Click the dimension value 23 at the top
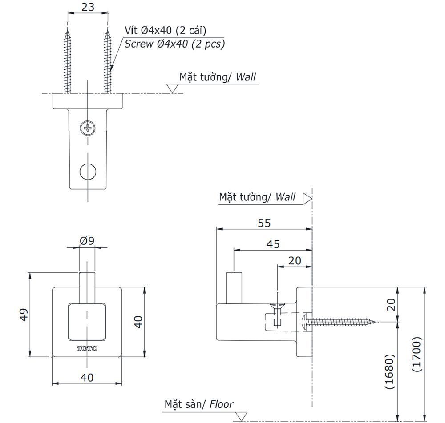click(x=87, y=7)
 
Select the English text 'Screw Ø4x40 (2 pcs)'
click(x=174, y=44)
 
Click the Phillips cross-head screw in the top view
click(x=88, y=128)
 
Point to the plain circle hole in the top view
click(x=88, y=171)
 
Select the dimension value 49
click(x=24, y=315)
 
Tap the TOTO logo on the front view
click(x=87, y=348)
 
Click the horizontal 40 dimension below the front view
click(x=87, y=377)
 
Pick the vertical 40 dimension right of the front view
click(x=138, y=322)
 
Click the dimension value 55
click(x=264, y=223)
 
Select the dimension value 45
click(x=273, y=244)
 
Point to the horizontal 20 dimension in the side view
click(x=295, y=260)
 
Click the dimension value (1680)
click(x=389, y=371)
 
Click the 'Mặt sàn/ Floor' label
click(x=198, y=404)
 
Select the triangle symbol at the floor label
click(x=241, y=416)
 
